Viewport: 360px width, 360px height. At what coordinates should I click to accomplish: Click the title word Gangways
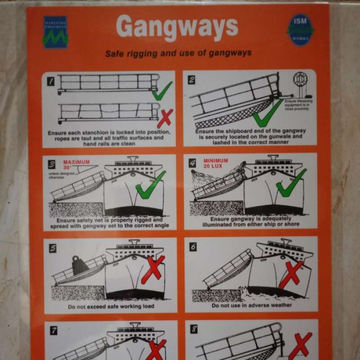point(177,28)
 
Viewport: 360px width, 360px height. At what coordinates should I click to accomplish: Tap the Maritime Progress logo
point(55,32)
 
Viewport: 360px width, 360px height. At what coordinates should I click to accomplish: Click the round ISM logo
point(300,30)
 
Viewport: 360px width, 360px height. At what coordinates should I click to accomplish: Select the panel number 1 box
point(51,81)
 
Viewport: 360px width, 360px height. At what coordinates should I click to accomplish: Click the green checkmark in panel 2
point(268,112)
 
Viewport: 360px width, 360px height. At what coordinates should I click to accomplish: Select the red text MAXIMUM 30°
point(76,165)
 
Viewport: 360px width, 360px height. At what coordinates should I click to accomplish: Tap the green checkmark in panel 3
point(150,185)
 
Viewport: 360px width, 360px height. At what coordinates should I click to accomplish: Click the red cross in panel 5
point(153,269)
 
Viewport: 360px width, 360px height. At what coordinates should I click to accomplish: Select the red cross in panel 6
point(291,273)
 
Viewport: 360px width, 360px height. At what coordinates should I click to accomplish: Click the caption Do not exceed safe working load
point(111,306)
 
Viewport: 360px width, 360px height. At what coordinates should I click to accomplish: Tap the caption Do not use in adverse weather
point(252,305)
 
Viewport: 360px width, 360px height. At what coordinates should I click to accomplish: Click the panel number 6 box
point(193,247)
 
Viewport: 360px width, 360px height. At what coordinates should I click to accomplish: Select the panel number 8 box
point(194,329)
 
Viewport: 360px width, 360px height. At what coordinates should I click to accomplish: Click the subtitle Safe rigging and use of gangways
point(178,54)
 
